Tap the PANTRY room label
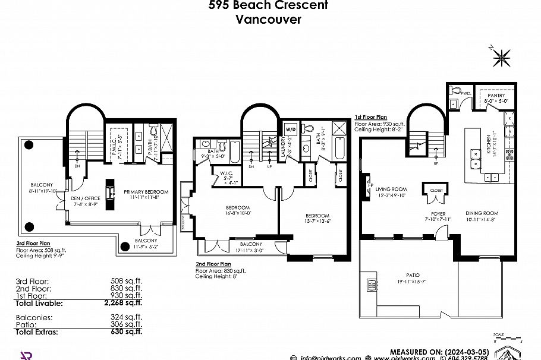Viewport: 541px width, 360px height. tap(496, 95)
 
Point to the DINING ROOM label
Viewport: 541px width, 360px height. tap(482, 213)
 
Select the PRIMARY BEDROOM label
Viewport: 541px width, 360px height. tap(146, 192)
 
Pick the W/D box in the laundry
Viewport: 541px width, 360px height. tap(291, 129)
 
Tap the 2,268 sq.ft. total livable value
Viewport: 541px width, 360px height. tap(122, 303)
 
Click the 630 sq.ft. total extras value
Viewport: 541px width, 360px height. tap(125, 332)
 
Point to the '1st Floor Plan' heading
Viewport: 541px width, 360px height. tap(371, 118)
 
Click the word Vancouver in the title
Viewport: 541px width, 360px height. tap(268, 19)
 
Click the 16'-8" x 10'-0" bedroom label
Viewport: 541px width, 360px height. tap(238, 209)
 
